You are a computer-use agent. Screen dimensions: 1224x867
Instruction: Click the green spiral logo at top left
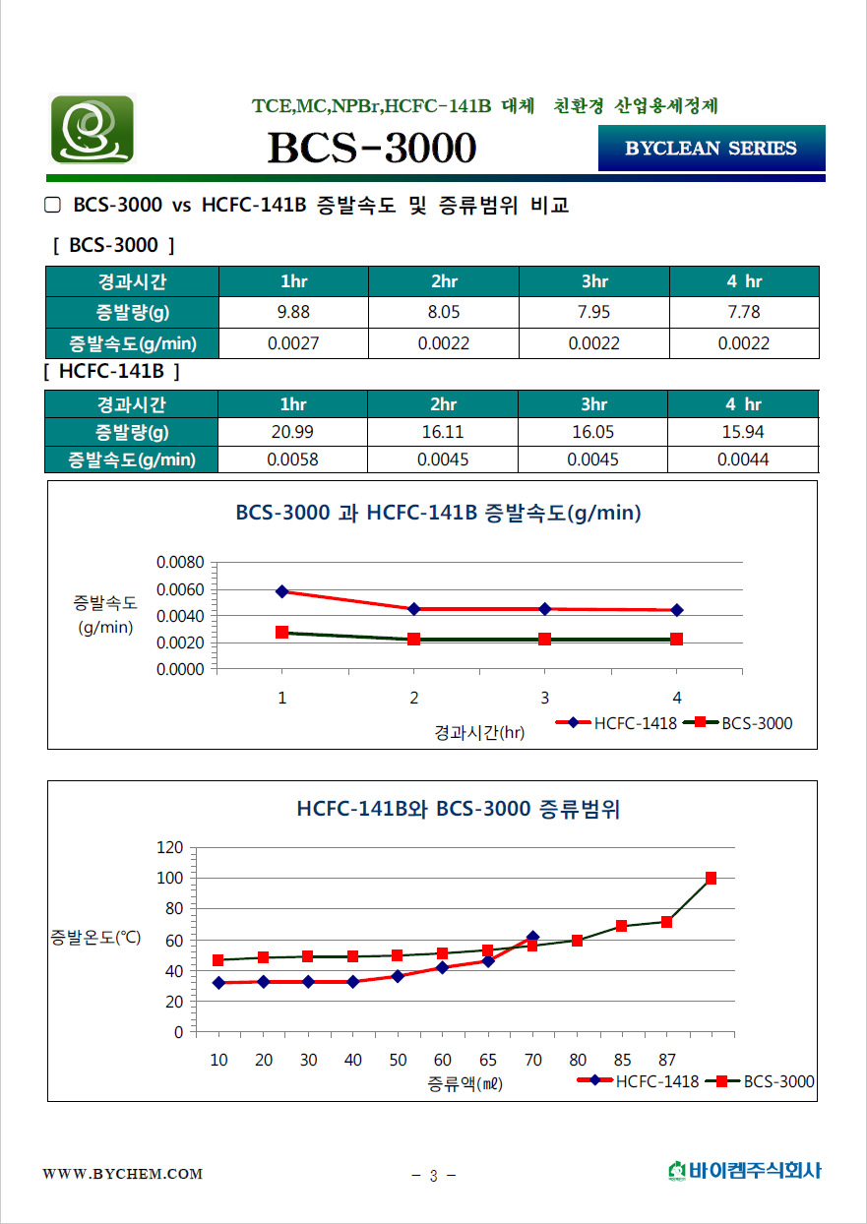pyautogui.click(x=92, y=129)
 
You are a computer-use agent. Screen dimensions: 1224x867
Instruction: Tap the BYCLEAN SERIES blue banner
pyautogui.click(x=711, y=149)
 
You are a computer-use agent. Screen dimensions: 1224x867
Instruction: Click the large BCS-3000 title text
pyautogui.click(x=372, y=149)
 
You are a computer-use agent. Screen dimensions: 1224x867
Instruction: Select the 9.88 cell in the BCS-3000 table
pyautogui.click(x=293, y=313)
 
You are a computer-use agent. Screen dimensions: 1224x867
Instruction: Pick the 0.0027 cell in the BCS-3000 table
pyautogui.click(x=293, y=343)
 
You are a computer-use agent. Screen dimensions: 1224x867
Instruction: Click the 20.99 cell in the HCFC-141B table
pyautogui.click(x=293, y=432)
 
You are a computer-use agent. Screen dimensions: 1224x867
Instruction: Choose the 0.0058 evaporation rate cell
pyautogui.click(x=293, y=459)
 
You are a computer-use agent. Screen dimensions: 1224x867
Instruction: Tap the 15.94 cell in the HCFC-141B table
pyautogui.click(x=743, y=432)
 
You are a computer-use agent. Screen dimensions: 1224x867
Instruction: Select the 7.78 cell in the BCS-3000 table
pyautogui.click(x=743, y=313)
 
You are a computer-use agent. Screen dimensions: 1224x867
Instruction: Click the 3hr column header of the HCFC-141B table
pyautogui.click(x=593, y=404)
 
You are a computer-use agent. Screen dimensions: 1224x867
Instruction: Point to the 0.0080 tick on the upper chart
pyautogui.click(x=180, y=563)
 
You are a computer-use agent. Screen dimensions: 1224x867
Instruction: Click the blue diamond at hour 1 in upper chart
pyautogui.click(x=282, y=591)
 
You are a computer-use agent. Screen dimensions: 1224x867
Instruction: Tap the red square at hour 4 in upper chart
pyautogui.click(x=676, y=640)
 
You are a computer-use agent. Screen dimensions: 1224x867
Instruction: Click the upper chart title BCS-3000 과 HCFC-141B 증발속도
pyautogui.click(x=438, y=513)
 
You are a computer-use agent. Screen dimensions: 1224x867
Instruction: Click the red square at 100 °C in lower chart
pyautogui.click(x=711, y=878)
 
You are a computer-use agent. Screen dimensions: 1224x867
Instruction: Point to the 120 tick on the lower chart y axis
pyautogui.click(x=170, y=847)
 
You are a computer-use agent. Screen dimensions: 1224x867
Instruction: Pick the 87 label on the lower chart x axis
pyautogui.click(x=667, y=1060)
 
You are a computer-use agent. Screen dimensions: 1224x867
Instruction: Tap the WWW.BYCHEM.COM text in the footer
pyautogui.click(x=122, y=1174)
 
